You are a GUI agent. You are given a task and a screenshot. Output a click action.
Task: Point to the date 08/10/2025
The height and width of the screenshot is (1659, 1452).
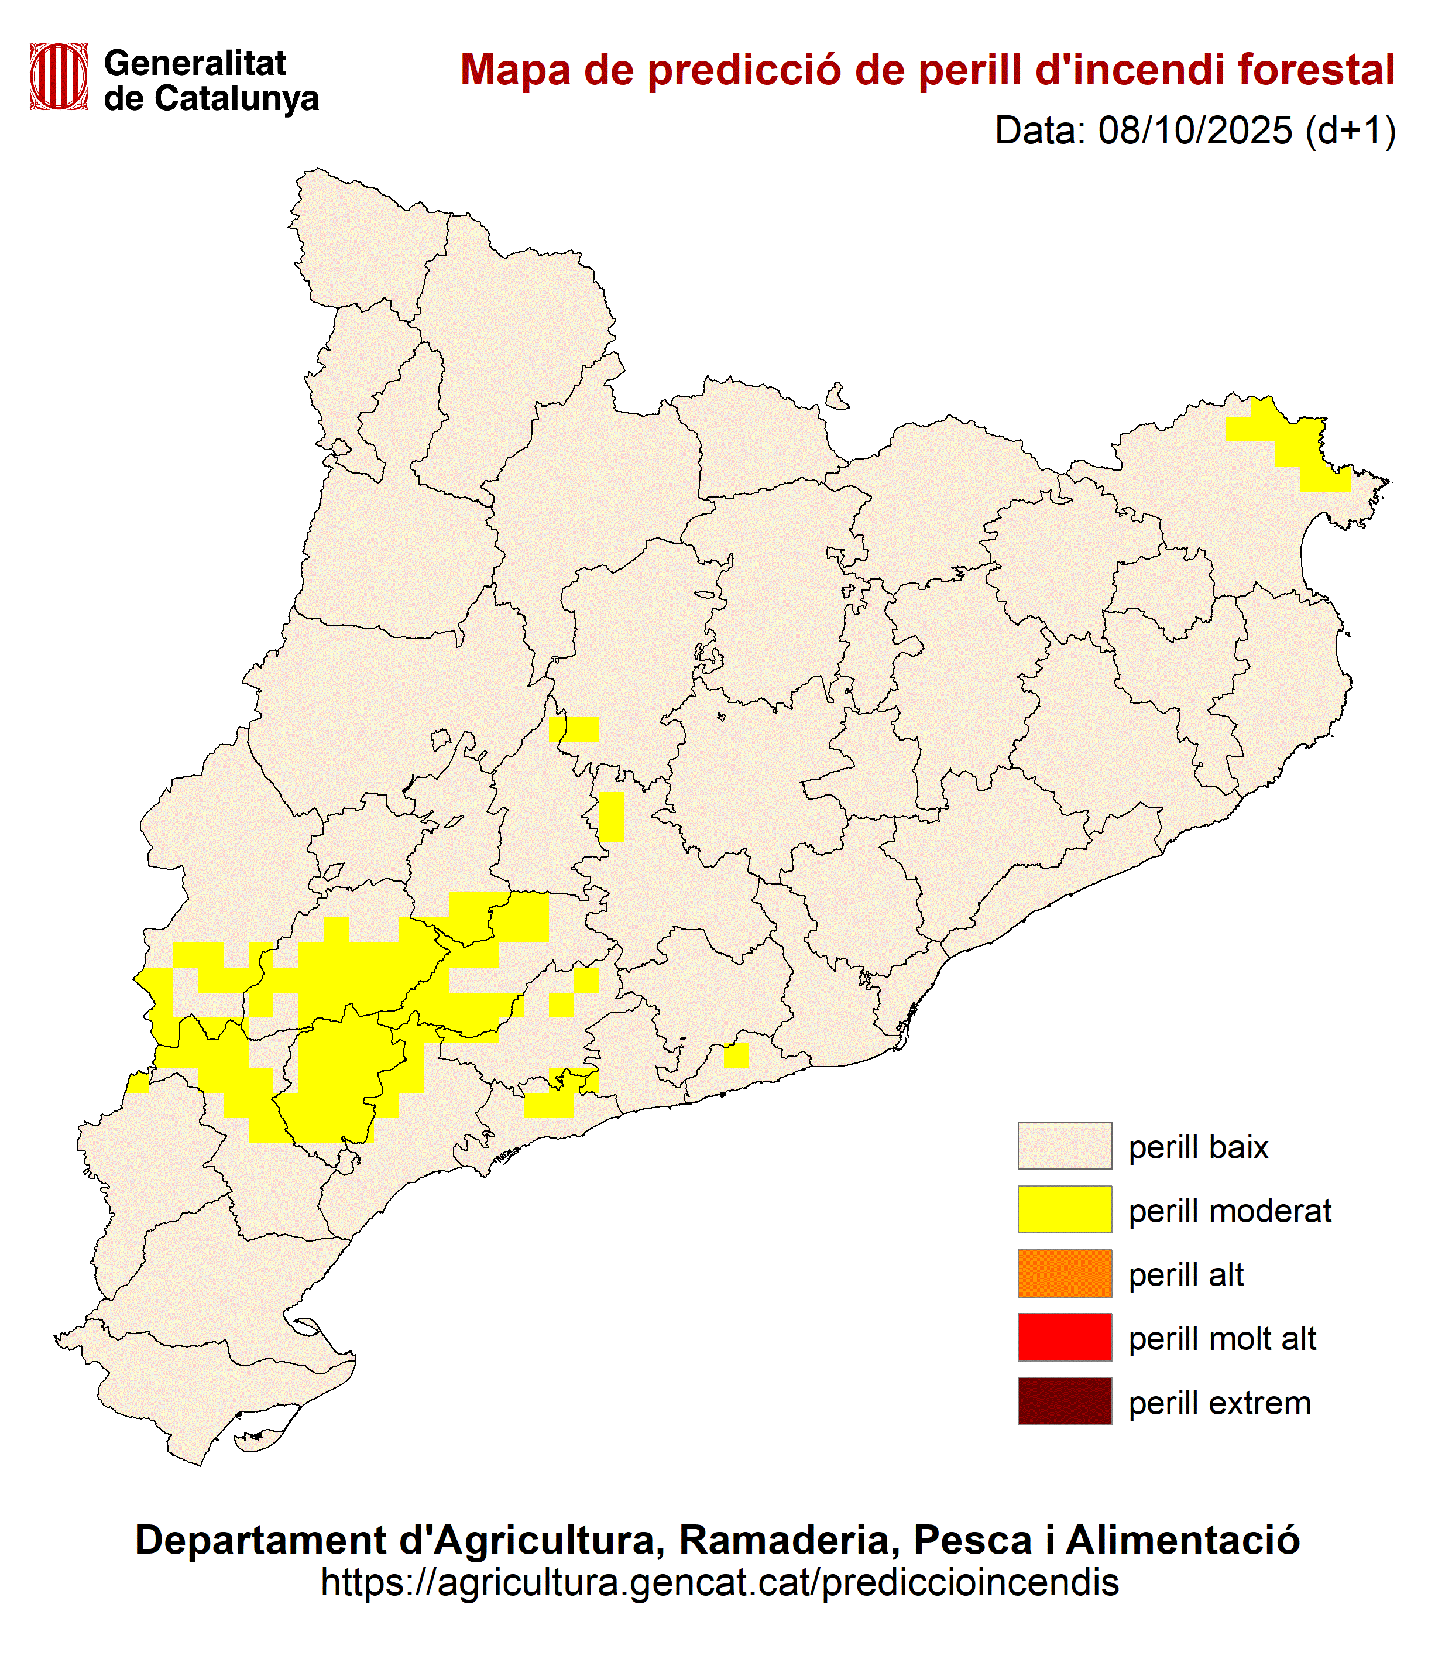pos(1194,131)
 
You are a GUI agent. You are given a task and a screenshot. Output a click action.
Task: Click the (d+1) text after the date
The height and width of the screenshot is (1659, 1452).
pos(1351,131)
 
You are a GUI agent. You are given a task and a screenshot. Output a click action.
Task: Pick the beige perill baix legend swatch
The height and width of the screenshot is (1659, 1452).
pos(1064,1145)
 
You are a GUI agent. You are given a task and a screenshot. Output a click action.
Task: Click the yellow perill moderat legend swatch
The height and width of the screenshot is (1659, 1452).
pos(1064,1209)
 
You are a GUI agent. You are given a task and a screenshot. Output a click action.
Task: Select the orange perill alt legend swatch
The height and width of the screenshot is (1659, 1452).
pos(1064,1273)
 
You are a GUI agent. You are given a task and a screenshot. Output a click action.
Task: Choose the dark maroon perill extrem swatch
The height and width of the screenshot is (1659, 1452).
pos(1064,1401)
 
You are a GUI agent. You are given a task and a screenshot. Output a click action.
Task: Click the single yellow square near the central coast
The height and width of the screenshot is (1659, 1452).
pos(736,1055)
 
